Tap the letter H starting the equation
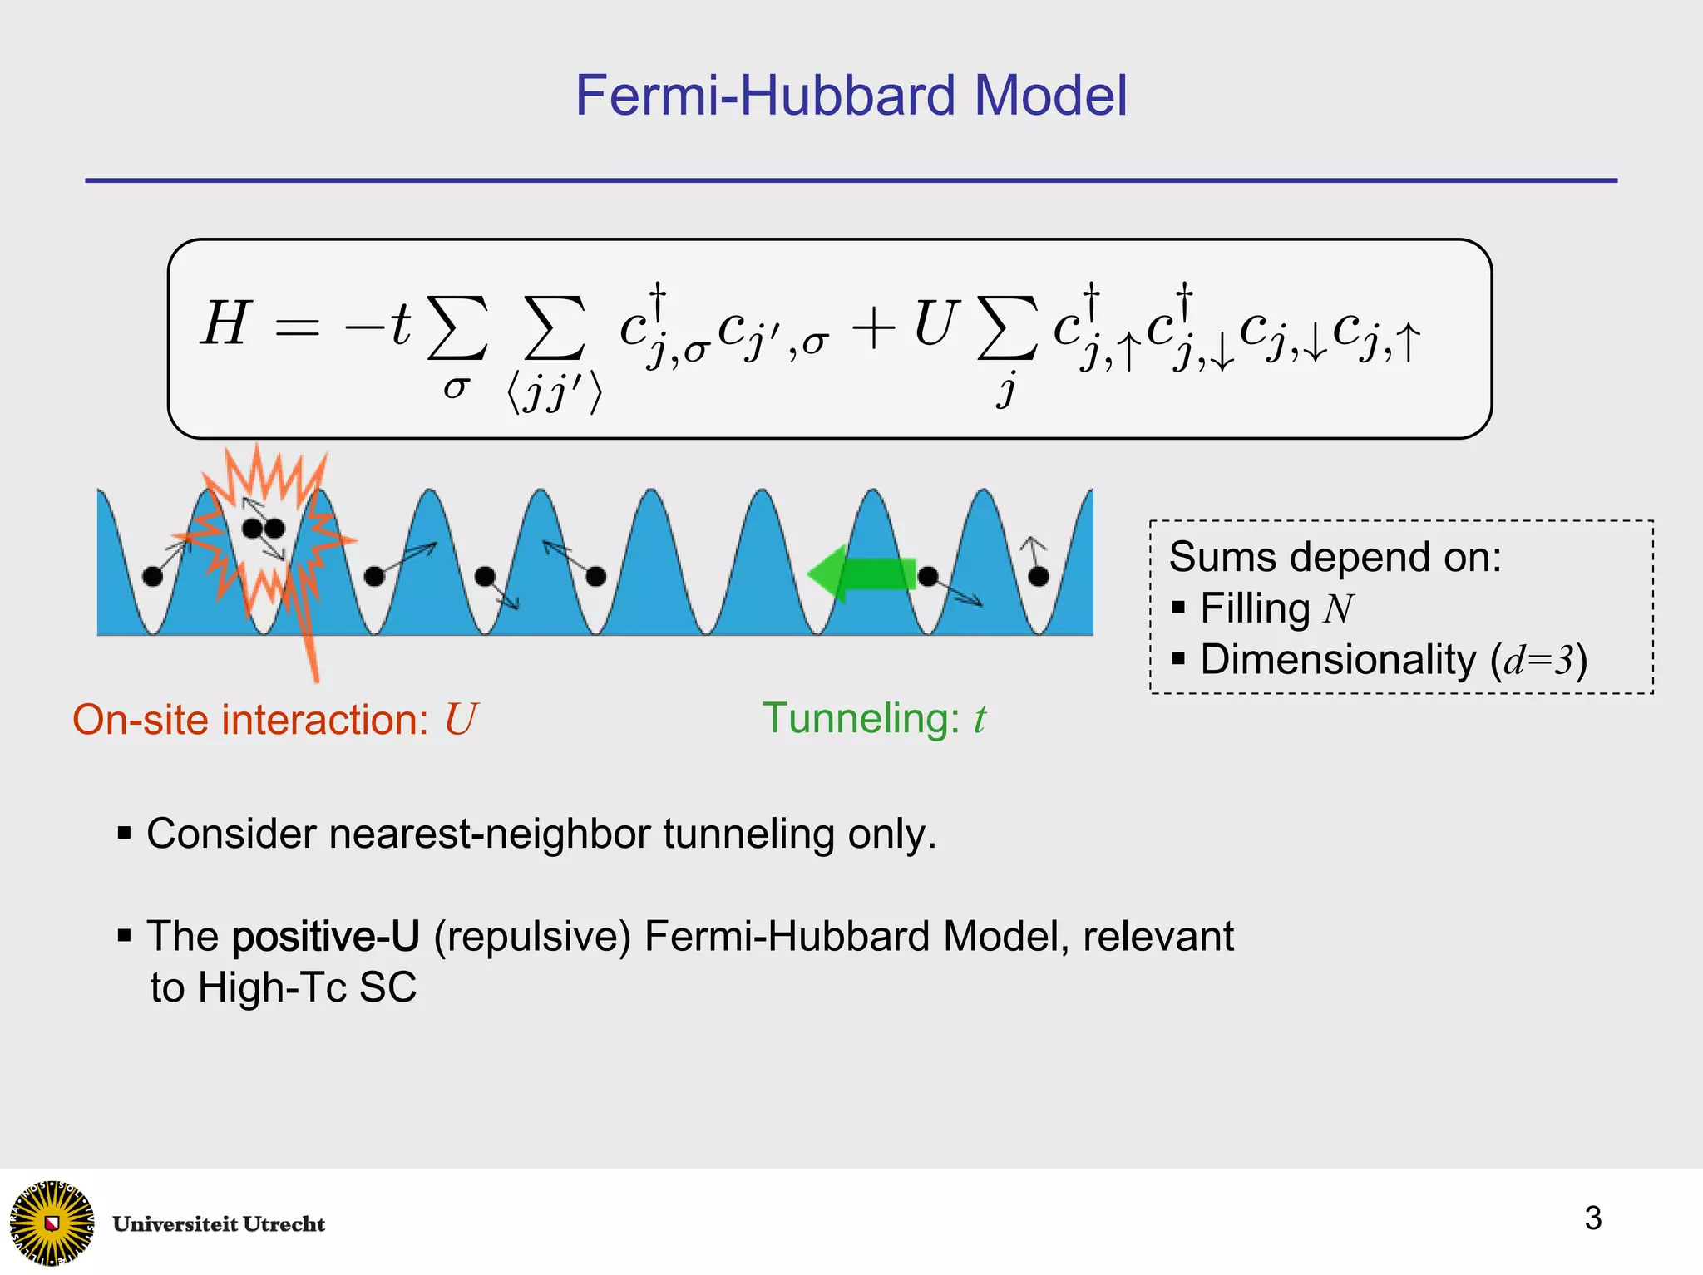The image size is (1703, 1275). pos(225,323)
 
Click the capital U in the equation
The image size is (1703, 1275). pos(935,323)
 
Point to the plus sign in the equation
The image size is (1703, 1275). pos(873,328)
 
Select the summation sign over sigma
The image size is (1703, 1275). pos(457,330)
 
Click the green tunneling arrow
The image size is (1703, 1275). pos(861,574)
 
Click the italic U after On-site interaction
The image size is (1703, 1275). pos(460,720)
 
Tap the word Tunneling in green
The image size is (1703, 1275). pos(861,719)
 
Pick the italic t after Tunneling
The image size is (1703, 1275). pos(980,720)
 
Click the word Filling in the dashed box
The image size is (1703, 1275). pos(1254,608)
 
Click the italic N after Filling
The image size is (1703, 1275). pos(1338,608)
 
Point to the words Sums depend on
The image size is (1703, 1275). pos(1335,557)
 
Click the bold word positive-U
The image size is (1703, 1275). pos(325,937)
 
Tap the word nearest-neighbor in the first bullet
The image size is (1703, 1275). pos(490,834)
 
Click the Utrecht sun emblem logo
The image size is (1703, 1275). pos(52,1222)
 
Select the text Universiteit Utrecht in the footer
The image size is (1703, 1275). pos(219,1224)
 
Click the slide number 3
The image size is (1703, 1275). pos(1592,1218)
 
